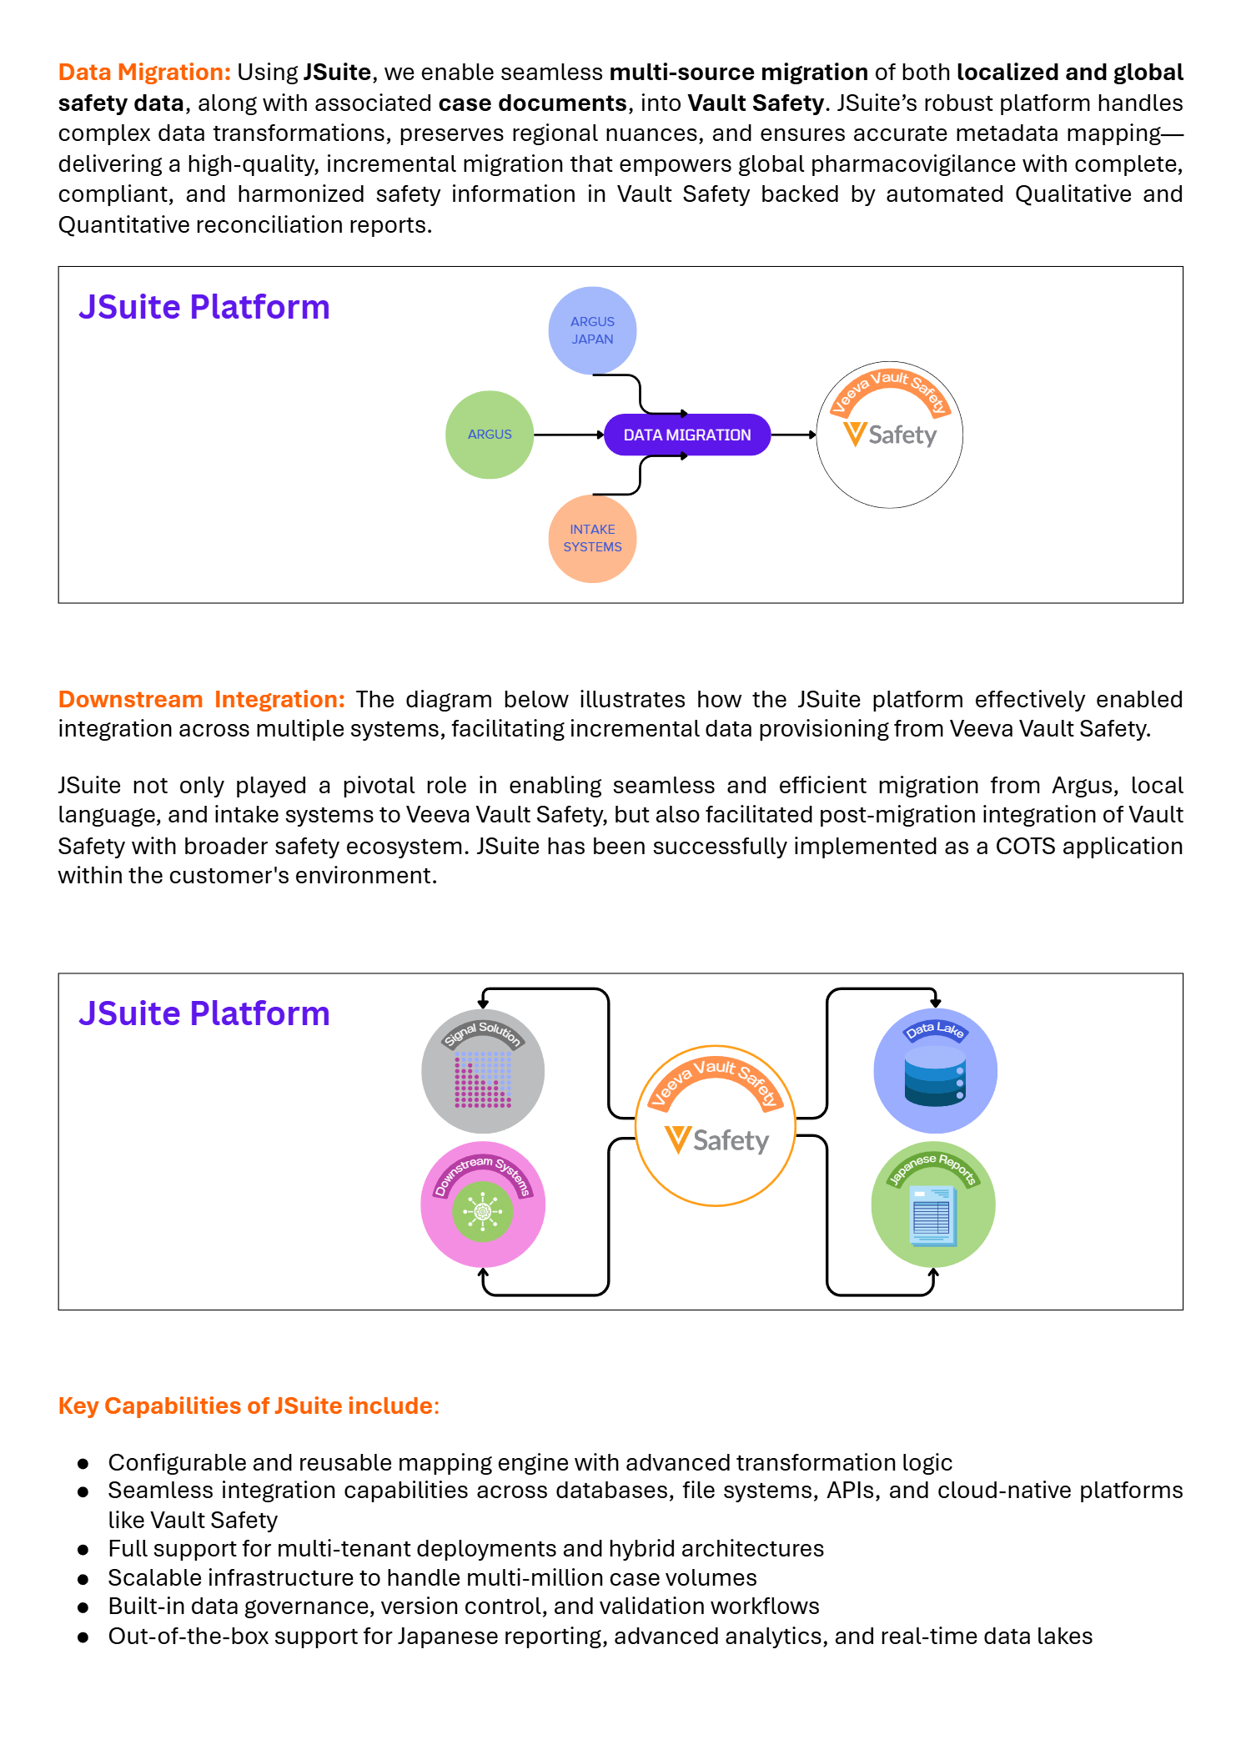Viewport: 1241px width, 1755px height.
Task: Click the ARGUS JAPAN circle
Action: tap(592, 330)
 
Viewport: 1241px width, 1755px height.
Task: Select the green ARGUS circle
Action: tap(490, 435)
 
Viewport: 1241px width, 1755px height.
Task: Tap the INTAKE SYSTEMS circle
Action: tap(592, 539)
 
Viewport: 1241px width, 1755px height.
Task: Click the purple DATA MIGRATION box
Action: tap(687, 435)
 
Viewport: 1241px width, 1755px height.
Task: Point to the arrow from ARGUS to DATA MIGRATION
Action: tap(569, 435)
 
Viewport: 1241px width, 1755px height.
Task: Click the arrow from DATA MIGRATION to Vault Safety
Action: tap(793, 435)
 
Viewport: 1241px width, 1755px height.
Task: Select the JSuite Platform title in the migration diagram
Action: tap(204, 307)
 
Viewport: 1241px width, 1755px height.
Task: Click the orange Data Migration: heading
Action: tap(144, 73)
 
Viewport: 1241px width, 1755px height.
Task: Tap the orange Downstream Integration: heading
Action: tap(202, 699)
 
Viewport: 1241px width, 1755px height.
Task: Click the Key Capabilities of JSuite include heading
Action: tap(249, 1406)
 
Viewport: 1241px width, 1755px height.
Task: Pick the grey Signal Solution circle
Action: tap(483, 1071)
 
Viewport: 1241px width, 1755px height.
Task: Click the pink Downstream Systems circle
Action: tap(483, 1204)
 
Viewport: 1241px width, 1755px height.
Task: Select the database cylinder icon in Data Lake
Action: tap(935, 1075)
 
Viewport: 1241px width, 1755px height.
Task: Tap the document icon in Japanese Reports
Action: tap(932, 1215)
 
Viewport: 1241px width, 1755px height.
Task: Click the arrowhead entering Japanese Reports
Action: tap(933, 1273)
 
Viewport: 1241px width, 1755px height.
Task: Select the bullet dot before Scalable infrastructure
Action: tap(83, 1579)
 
